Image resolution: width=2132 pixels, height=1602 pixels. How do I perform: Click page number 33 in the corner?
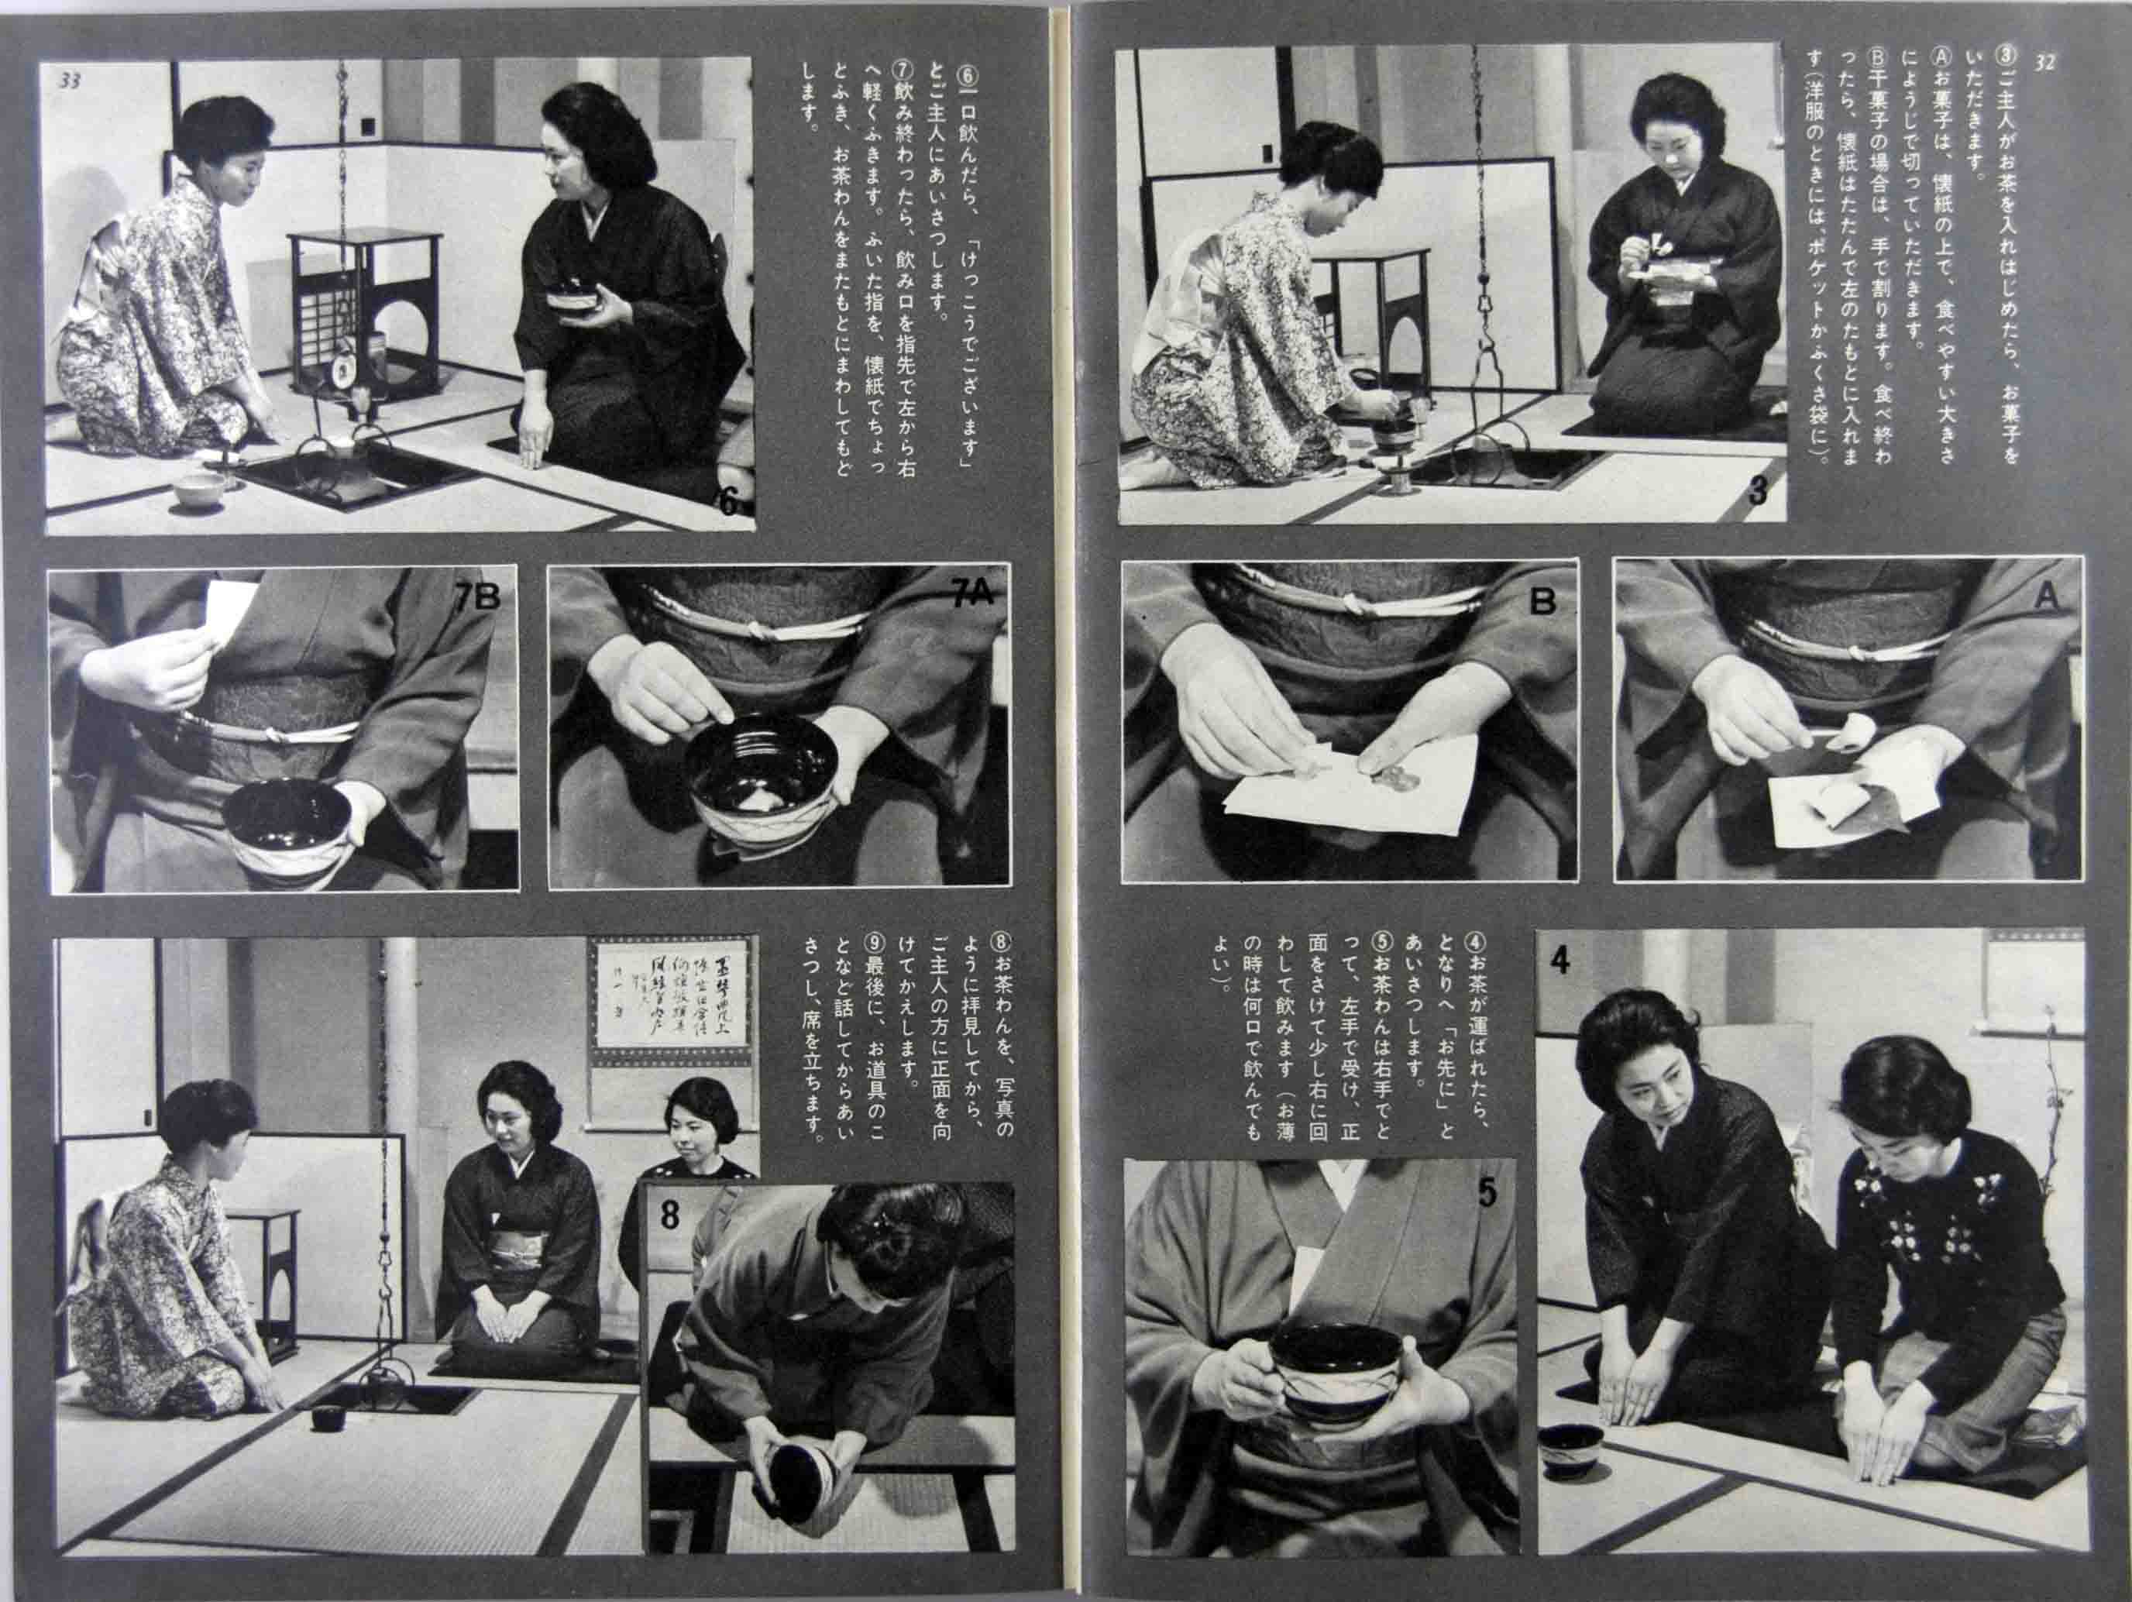click(70, 81)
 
